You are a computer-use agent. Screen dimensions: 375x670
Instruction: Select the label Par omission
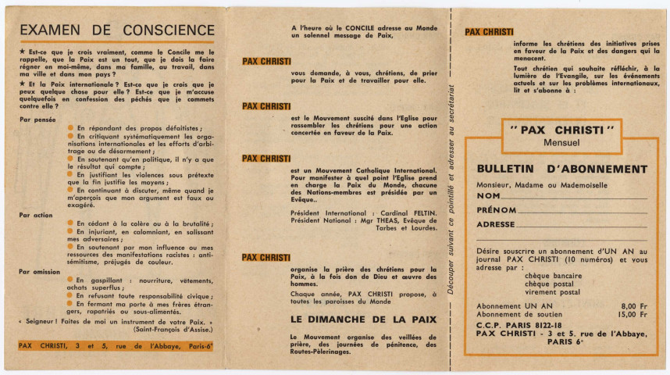pyautogui.click(x=39, y=271)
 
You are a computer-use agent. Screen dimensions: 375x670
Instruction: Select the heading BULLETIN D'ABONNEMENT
pyautogui.click(x=561, y=169)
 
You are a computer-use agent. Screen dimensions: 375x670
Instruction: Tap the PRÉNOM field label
pyautogui.click(x=496, y=210)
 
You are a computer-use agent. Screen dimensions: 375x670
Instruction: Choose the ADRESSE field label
pyautogui.click(x=496, y=224)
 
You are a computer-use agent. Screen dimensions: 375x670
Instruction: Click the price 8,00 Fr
pyautogui.click(x=633, y=305)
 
